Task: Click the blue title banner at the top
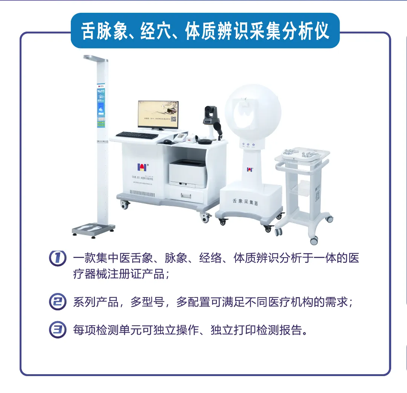pyautogui.click(x=205, y=31)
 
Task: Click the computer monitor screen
pyautogui.click(x=158, y=114)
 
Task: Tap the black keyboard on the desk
pyautogui.click(x=137, y=135)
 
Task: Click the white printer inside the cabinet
pyautogui.click(x=188, y=173)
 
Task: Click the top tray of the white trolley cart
pyautogui.click(x=301, y=154)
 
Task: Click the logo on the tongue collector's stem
pyautogui.click(x=250, y=169)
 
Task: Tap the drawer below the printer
pyautogui.click(x=187, y=195)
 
